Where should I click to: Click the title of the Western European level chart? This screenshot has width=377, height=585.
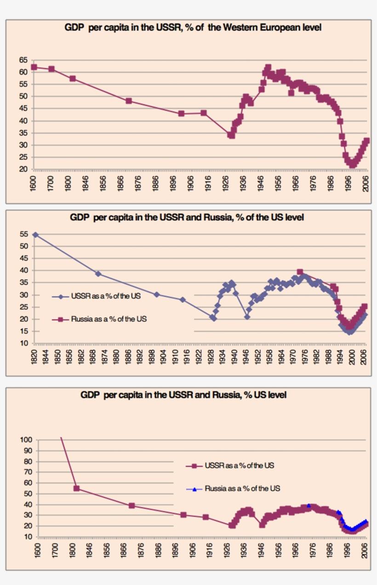point(193,28)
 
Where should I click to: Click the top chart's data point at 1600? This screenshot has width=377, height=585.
point(34,67)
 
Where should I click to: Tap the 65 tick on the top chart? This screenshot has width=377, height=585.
point(23,60)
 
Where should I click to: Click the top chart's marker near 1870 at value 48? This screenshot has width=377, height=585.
point(129,101)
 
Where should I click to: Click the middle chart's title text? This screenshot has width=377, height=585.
point(187,218)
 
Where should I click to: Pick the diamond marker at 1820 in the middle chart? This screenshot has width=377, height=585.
point(35,235)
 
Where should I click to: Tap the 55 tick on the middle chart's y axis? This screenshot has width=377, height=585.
point(24,235)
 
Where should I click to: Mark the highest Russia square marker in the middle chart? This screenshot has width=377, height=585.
point(300,272)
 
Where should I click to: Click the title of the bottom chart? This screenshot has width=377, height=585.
point(183,395)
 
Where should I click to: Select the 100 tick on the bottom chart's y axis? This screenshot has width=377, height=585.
point(26,440)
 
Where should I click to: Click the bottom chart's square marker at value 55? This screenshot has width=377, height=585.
point(76,488)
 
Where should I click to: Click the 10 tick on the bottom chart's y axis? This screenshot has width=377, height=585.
point(28,537)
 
